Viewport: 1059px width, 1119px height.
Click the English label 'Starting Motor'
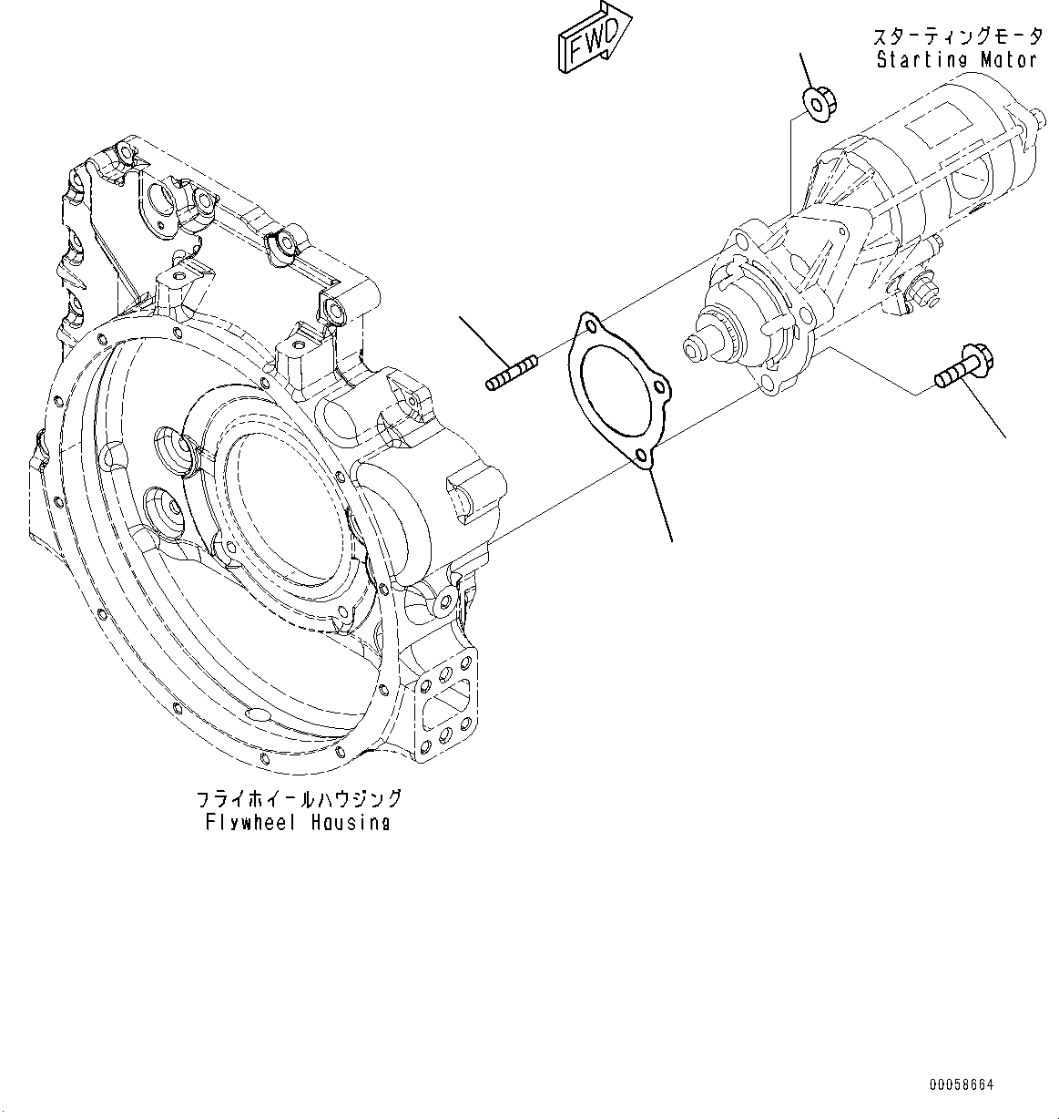click(955, 60)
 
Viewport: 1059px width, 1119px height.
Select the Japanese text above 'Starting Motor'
click(956, 37)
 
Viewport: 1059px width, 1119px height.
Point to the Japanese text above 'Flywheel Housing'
click(300, 799)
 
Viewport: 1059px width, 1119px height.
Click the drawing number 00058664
click(962, 1084)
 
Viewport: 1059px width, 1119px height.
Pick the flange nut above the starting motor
click(816, 102)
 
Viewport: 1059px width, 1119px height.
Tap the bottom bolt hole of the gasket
click(642, 455)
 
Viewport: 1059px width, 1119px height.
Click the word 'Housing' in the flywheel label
click(345, 822)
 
